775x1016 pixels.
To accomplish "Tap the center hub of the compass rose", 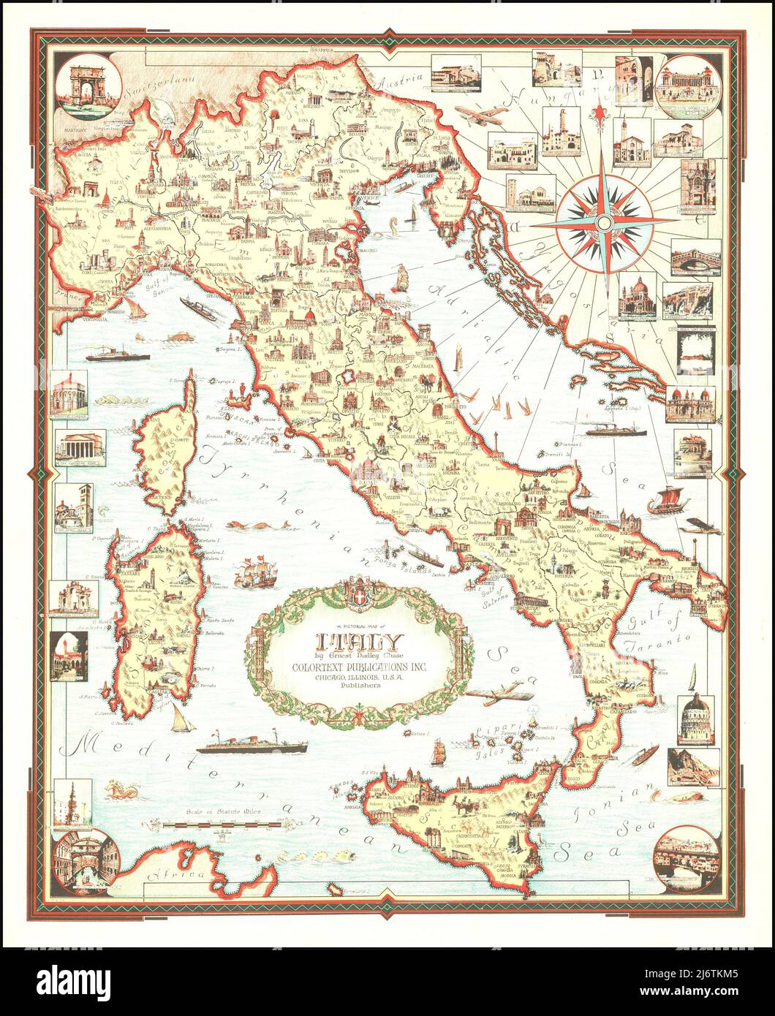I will coord(604,221).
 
